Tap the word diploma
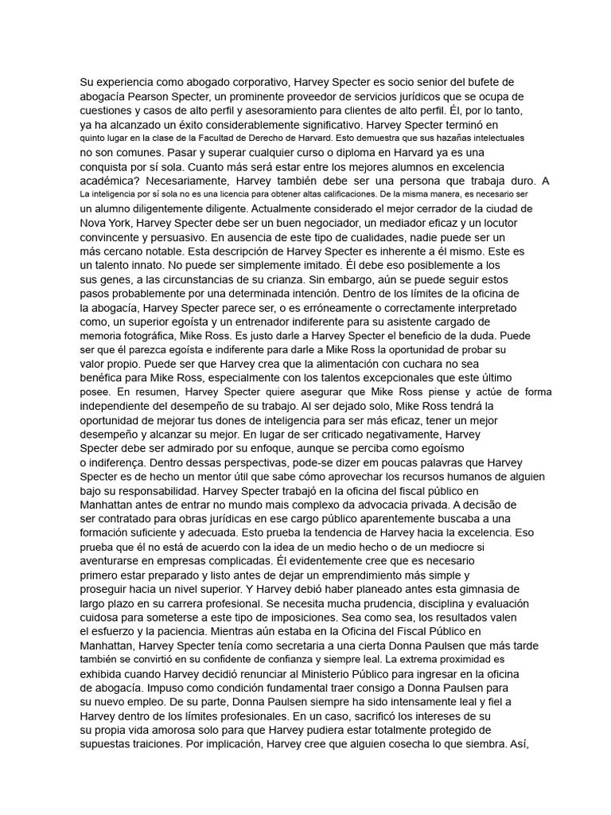[x=319, y=152]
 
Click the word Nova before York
[x=93, y=224]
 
